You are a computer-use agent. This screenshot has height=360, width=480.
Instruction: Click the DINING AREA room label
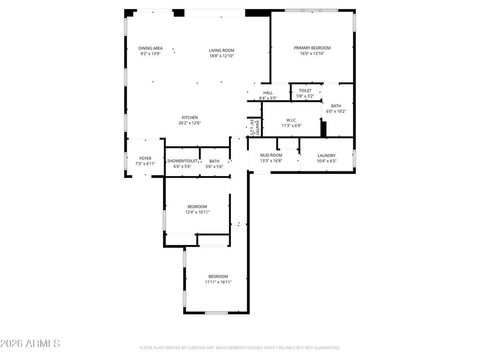coord(150,48)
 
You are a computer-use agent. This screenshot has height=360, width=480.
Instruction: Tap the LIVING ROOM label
coord(221,50)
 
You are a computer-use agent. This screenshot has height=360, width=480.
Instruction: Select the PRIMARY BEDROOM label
coord(312,48)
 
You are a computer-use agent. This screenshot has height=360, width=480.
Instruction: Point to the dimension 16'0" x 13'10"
coord(312,53)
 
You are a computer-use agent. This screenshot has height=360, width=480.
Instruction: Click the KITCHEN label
coord(190,118)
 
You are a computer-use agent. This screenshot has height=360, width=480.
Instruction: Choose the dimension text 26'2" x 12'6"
coord(190,123)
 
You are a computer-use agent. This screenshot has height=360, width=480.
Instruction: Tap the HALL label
coord(268,93)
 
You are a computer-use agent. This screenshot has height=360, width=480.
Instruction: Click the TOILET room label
coord(305,91)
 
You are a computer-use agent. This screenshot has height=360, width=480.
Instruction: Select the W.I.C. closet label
coord(291,120)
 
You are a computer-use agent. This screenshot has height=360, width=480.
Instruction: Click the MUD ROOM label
coord(271,155)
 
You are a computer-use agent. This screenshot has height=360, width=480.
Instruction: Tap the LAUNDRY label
coord(326,156)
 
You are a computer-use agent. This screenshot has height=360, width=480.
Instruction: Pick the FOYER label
coord(145,158)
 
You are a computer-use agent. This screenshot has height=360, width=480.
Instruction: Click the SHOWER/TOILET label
coord(182,161)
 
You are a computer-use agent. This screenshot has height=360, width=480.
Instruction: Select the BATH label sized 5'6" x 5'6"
coord(214,161)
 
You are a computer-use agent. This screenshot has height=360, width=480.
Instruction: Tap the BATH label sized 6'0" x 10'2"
coord(336,106)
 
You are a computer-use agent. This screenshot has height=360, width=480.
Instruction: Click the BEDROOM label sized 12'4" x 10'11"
coord(197,207)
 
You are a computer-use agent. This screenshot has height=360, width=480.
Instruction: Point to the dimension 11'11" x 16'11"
coord(218,282)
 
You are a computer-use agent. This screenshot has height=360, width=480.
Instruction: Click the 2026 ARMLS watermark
coord(30,343)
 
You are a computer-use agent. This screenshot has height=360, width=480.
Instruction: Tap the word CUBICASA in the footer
coord(195,348)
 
